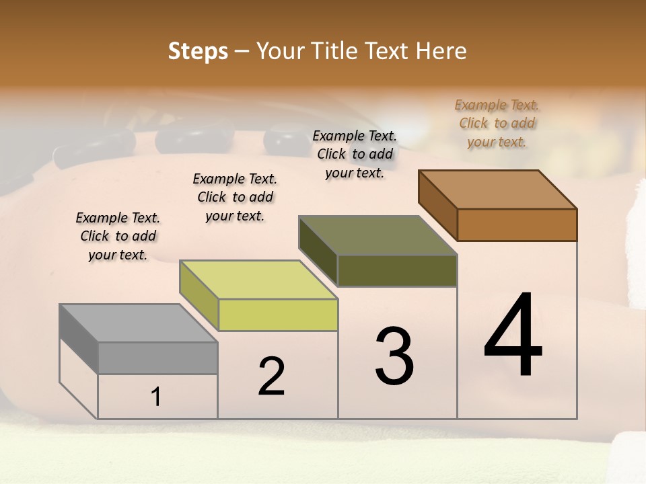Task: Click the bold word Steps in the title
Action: tap(198, 51)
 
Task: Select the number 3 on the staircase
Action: tap(394, 356)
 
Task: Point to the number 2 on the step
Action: tap(271, 376)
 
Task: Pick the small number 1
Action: tap(156, 397)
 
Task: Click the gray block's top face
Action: tap(139, 323)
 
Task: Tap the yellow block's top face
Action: tap(258, 280)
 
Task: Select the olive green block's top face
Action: tap(378, 235)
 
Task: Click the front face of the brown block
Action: tap(517, 225)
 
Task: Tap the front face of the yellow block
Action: tap(278, 315)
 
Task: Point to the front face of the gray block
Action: tap(157, 358)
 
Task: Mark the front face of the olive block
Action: tap(397, 270)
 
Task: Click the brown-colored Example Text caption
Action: tap(497, 123)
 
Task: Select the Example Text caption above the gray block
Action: tap(118, 236)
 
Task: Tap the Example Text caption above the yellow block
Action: tap(235, 197)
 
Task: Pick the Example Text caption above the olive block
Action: tap(355, 154)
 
